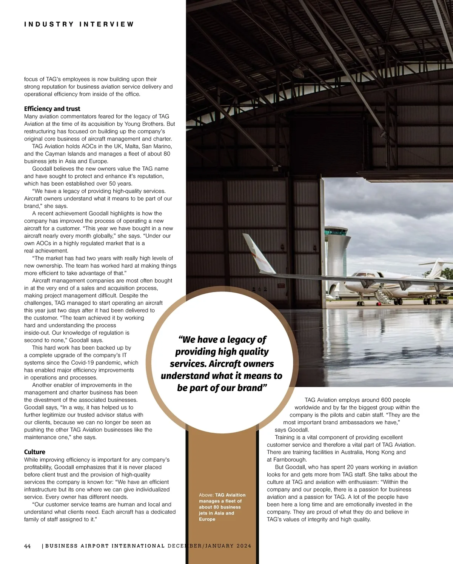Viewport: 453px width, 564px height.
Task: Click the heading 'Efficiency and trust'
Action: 52,109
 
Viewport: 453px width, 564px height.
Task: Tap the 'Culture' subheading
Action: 35,452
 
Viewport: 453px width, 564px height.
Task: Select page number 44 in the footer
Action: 28,546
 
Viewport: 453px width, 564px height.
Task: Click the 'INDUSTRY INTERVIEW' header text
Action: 79,24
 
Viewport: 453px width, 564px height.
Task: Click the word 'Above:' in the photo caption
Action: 206,495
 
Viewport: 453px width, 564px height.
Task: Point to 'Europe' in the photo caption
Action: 207,519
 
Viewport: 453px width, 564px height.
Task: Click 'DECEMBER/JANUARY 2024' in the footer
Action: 210,546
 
